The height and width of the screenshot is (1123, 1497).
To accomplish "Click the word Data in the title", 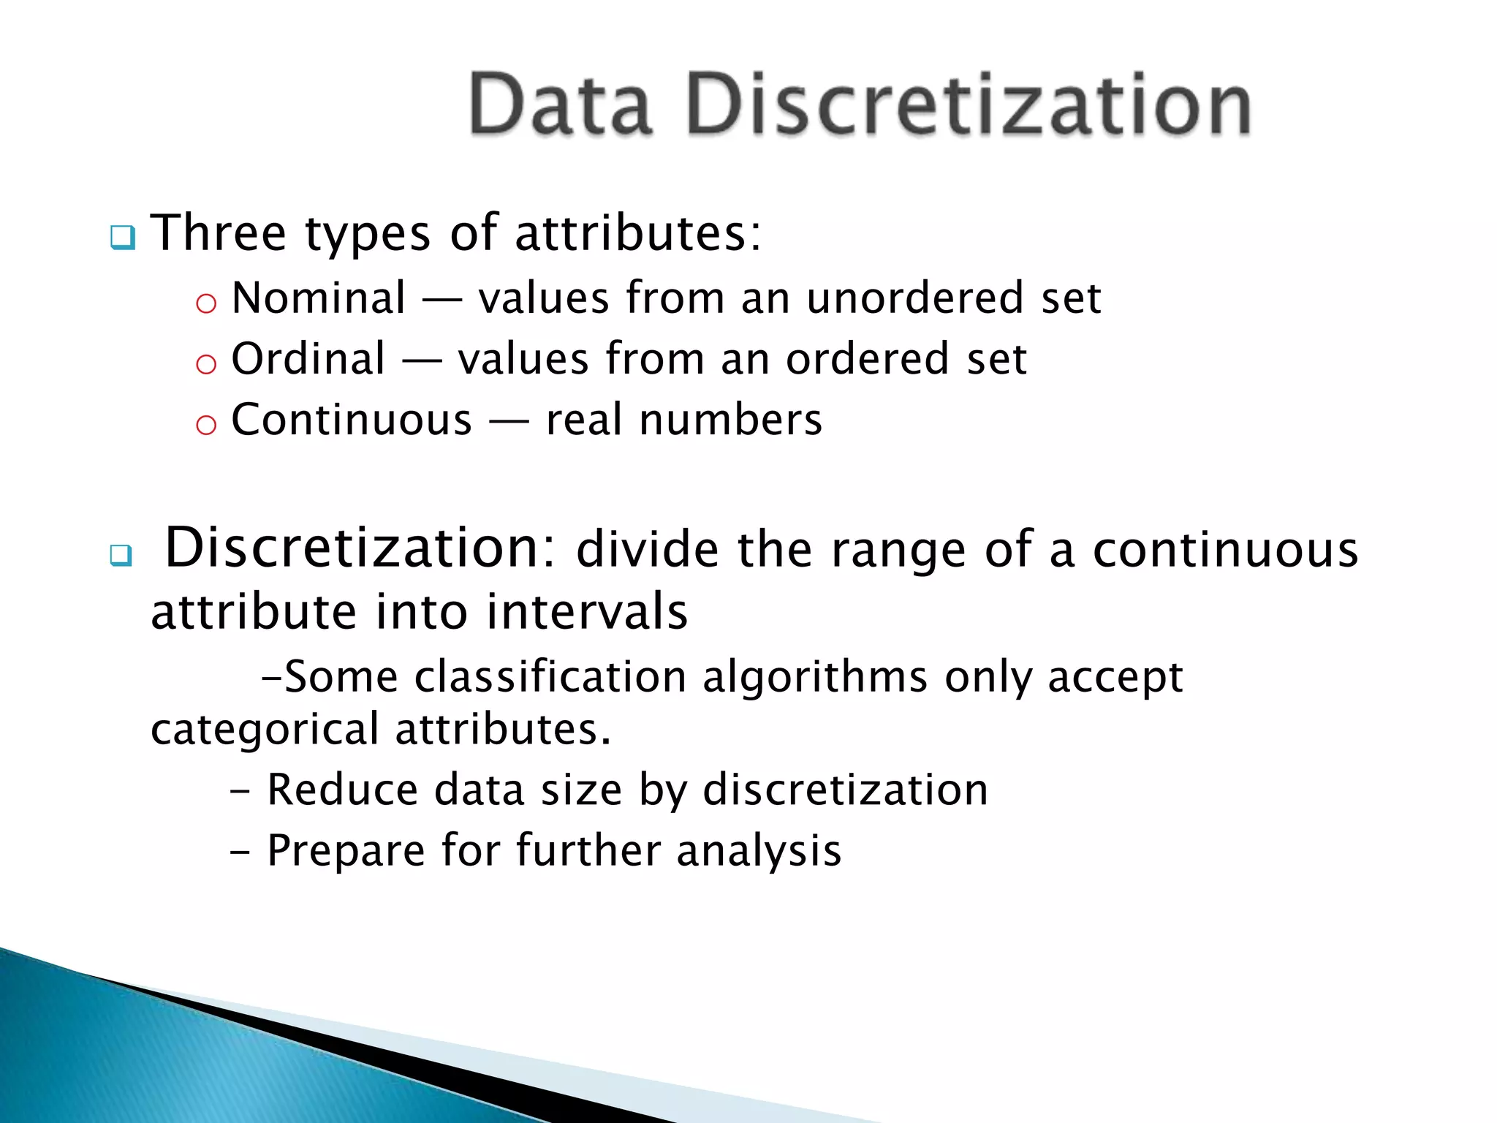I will pyautogui.click(x=560, y=104).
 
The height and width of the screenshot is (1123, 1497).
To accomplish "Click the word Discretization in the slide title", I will pyautogui.click(x=969, y=104).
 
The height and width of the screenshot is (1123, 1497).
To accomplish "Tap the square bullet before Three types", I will pyautogui.click(x=123, y=238).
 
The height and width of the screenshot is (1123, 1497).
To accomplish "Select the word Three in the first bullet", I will pyautogui.click(x=219, y=233).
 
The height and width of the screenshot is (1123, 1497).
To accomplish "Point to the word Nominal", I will pyautogui.click(x=319, y=298).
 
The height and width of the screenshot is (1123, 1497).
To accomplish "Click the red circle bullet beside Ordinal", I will pyautogui.click(x=206, y=363).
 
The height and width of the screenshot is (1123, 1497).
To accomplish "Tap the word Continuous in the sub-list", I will pyautogui.click(x=352, y=420).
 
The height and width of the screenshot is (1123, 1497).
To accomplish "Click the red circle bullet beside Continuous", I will pyautogui.click(x=206, y=424).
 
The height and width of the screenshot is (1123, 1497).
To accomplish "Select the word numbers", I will pyautogui.click(x=730, y=420).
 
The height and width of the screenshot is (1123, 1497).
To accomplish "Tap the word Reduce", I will pyautogui.click(x=343, y=790).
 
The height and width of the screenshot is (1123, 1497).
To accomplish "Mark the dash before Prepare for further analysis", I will pyautogui.click(x=239, y=852).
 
